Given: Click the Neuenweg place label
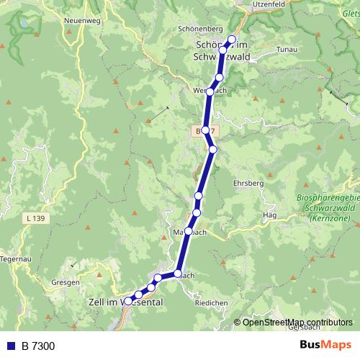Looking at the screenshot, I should [80, 21].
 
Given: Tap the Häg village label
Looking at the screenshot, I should [270, 215].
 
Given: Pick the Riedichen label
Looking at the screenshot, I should [211, 303].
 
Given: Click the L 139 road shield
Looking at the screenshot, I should [35, 217].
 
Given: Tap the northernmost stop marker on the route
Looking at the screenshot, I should [232, 40].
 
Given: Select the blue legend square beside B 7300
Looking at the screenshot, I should [10, 346].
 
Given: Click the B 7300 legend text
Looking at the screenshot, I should [37, 346].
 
